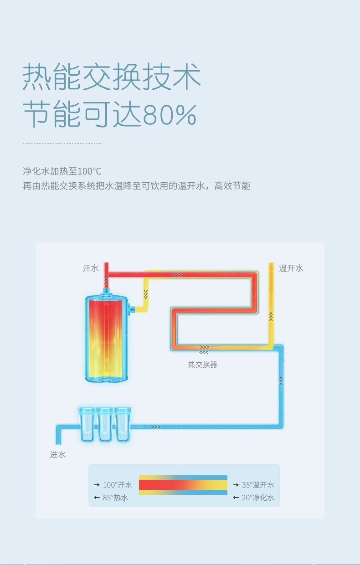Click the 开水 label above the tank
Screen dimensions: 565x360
pyautogui.click(x=90, y=268)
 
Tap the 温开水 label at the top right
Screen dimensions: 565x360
pyautogui.click(x=291, y=268)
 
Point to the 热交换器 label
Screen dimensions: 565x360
pyautogui.click(x=203, y=365)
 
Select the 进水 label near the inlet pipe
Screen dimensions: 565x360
pyautogui.click(x=58, y=454)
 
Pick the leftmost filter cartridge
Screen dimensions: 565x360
pyautogui.click(x=87, y=424)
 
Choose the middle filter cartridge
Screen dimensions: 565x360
pyautogui.click(x=105, y=424)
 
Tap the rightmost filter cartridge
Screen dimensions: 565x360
pyautogui.click(x=123, y=424)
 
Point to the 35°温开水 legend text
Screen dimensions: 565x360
pyautogui.click(x=258, y=485)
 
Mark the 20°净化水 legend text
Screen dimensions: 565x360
pyautogui.click(x=258, y=498)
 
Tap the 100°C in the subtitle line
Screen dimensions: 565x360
pyautogui.click(x=89, y=171)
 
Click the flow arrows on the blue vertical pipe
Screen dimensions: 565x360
pyautogui.click(x=281, y=381)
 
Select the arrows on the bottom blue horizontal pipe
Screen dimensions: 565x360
pyautogui.click(x=156, y=427)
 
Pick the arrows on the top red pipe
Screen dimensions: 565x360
pyautogui.click(x=177, y=275)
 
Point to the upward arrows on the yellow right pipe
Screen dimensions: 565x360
pyautogui.click(x=271, y=316)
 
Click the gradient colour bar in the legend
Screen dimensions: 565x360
pyautogui.click(x=183, y=485)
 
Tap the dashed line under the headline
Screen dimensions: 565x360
pyautogui.click(x=62, y=143)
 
